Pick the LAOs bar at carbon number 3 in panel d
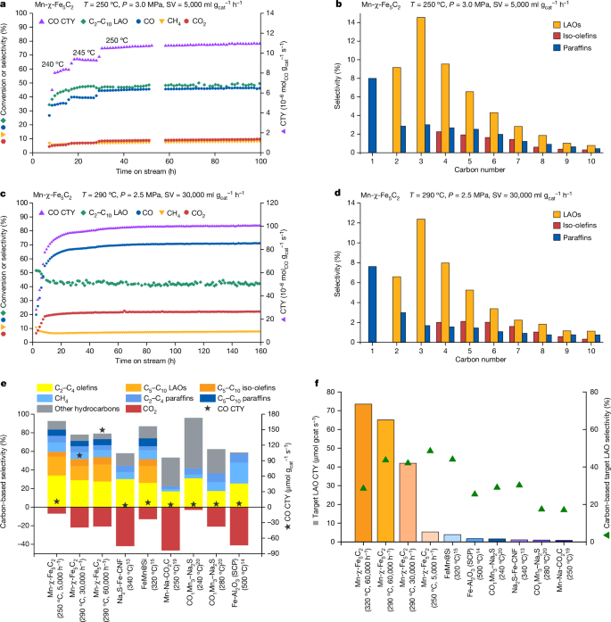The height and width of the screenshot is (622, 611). click(x=421, y=284)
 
